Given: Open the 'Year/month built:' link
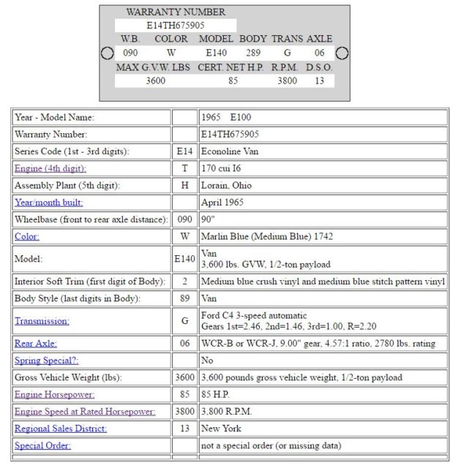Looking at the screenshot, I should click(48, 203).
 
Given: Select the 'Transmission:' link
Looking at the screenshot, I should click(42, 321).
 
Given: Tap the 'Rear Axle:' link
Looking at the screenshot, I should click(35, 343).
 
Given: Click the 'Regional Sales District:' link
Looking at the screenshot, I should click(60, 429).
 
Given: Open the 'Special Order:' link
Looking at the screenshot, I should click(42, 445).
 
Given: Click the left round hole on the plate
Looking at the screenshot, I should click(107, 53).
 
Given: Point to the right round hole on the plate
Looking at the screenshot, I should click(342, 53).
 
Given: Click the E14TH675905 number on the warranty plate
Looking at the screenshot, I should click(176, 25).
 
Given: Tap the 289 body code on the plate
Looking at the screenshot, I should click(253, 53).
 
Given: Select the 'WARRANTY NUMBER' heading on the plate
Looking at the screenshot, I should click(176, 12).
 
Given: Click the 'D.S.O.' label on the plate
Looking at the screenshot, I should click(319, 67).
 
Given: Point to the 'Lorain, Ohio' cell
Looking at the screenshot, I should click(226, 186).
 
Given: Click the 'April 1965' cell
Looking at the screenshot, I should click(222, 203).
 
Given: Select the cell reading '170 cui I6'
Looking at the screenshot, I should click(222, 168).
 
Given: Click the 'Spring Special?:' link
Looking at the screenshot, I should click(46, 361).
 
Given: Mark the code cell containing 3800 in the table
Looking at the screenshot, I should click(184, 412).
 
